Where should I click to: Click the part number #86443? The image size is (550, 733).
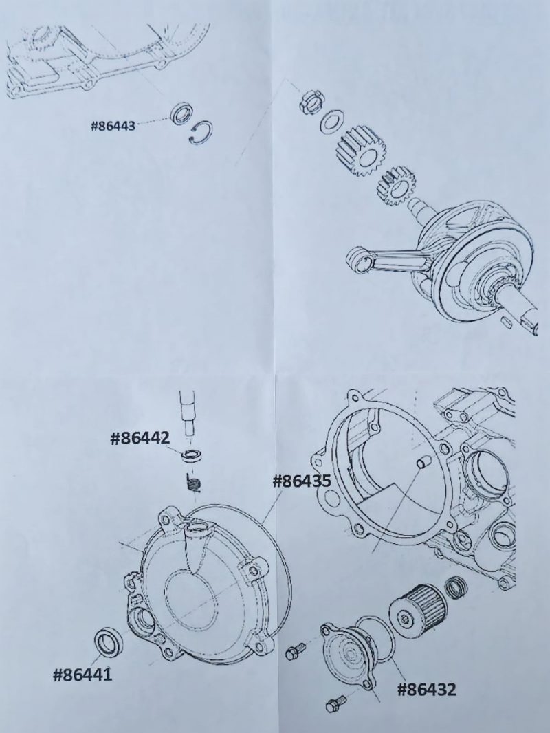[113, 126]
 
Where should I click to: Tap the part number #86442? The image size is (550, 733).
[140, 438]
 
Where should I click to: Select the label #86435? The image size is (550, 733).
[302, 481]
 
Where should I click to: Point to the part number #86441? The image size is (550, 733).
[82, 675]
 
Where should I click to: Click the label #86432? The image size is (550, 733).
[427, 690]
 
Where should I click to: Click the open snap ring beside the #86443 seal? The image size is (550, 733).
[202, 132]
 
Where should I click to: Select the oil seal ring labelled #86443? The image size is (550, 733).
[180, 115]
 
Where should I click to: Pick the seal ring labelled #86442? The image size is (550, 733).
[191, 456]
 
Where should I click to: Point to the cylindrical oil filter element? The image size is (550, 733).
[418, 608]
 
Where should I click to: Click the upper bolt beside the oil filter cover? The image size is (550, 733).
[296, 650]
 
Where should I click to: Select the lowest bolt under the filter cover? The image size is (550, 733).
[336, 704]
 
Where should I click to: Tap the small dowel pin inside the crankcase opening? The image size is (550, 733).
[424, 463]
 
